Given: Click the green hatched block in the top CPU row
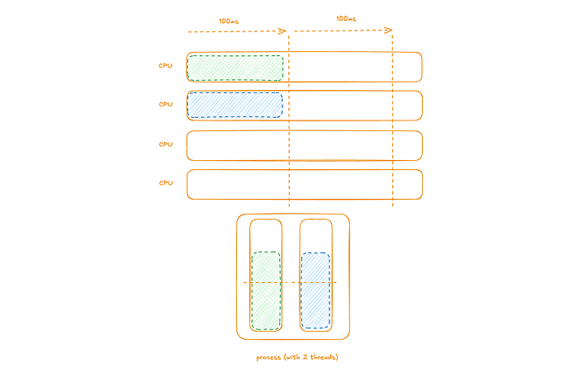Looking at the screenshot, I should [x=235, y=68].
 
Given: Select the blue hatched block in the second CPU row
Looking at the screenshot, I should [x=235, y=105].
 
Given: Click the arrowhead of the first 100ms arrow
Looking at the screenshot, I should [x=282, y=31].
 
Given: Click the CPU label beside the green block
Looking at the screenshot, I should [x=166, y=66].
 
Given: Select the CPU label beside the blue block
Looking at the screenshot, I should [x=166, y=105].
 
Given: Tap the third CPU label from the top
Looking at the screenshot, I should [x=166, y=144].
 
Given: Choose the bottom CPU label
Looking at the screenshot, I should [x=166, y=182].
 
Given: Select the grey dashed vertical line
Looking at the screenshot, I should [x=392, y=124].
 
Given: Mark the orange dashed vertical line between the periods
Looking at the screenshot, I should [x=289, y=124].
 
